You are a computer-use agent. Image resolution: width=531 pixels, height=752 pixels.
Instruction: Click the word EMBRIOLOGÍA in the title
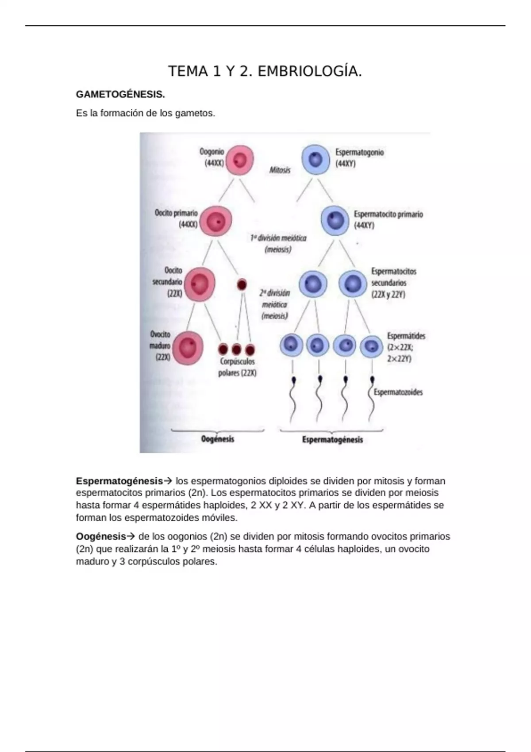point(309,71)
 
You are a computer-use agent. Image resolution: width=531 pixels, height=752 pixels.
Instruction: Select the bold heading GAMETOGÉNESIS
point(120,94)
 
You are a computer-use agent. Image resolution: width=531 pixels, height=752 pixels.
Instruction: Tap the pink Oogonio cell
point(239,160)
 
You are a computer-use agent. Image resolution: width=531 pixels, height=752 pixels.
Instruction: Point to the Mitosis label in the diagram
point(280,170)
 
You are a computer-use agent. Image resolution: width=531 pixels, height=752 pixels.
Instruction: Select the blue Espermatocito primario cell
point(335,220)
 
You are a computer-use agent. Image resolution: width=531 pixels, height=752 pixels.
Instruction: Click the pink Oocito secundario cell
point(200,284)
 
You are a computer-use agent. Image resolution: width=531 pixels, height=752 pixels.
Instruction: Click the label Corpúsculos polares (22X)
point(238,367)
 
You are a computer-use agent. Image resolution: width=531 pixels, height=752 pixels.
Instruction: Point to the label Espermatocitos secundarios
point(393,277)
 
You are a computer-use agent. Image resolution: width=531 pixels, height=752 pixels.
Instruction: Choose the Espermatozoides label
point(398,392)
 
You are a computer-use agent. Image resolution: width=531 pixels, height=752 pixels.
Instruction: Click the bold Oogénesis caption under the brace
point(217,439)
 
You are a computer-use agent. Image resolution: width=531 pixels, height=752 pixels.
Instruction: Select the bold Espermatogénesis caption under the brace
point(332,440)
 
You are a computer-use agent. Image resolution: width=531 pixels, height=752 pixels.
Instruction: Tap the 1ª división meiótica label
point(278,238)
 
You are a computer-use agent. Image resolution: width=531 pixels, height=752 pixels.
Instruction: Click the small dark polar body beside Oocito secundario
point(242,284)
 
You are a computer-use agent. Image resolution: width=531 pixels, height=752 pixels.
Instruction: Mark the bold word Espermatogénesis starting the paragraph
point(119,481)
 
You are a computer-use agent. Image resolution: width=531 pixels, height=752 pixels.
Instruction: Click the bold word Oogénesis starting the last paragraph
point(101,537)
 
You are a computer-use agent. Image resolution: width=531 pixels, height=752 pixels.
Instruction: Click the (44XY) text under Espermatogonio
point(346,164)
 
